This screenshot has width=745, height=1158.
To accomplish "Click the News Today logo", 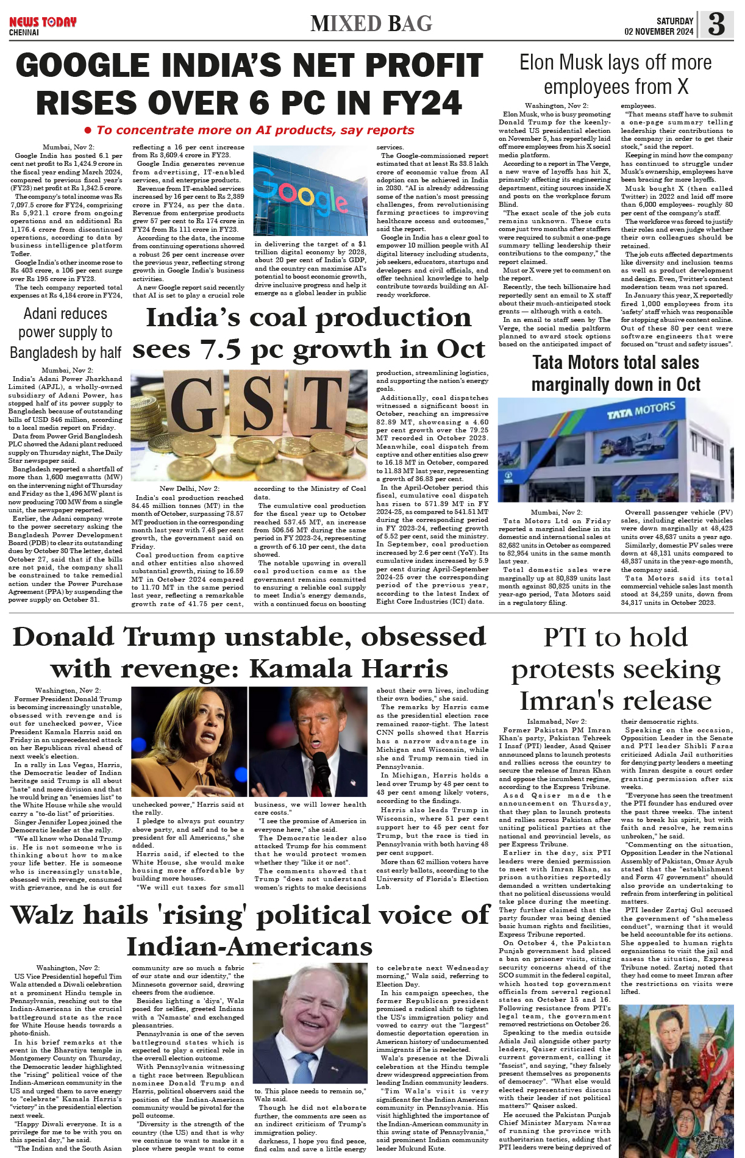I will (43, 23).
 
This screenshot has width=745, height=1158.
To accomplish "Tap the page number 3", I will (716, 24).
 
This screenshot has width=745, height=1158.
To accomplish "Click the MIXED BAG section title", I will (371, 24).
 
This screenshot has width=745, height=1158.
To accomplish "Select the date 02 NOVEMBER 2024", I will (658, 32).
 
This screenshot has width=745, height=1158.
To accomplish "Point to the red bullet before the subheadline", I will (88, 130).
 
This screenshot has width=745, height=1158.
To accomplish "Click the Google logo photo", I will (309, 190).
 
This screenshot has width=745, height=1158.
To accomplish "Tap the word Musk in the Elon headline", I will (582, 63).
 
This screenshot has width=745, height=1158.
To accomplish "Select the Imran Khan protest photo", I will (675, 1077).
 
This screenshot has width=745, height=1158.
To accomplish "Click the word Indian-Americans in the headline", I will (249, 947).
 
